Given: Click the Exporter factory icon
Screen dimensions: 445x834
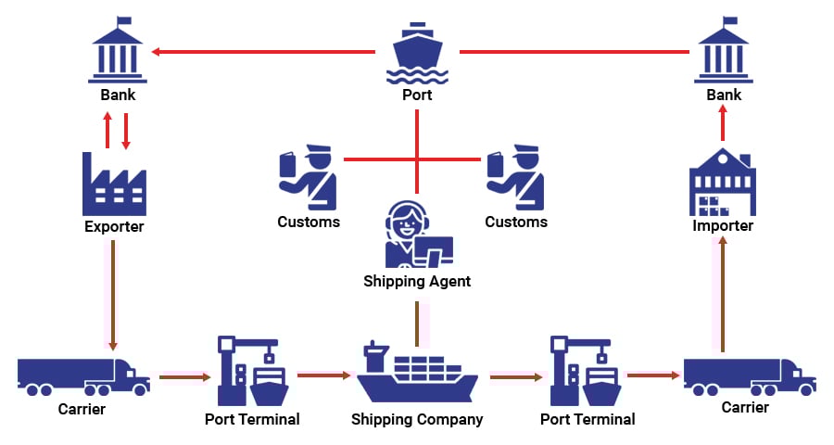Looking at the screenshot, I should coord(114,183).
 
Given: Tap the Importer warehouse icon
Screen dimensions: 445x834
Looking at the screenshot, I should coord(723,182).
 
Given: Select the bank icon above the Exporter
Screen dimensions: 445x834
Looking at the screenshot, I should coord(118,50).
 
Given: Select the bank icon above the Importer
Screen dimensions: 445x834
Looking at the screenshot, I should coord(724,50).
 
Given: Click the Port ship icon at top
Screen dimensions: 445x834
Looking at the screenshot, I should coord(417,52).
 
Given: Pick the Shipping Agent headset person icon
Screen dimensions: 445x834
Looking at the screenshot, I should coord(417,234).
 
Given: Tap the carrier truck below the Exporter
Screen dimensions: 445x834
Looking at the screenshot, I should coord(82,375).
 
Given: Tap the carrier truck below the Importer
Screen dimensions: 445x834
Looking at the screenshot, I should coord(749,375).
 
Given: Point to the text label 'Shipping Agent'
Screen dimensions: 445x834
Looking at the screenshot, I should coord(417,281).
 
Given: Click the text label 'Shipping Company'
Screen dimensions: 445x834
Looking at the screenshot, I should coord(417,419).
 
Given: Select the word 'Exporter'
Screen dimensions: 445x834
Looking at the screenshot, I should coord(114,226).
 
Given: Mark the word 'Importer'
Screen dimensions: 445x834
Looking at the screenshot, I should coord(723,225).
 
